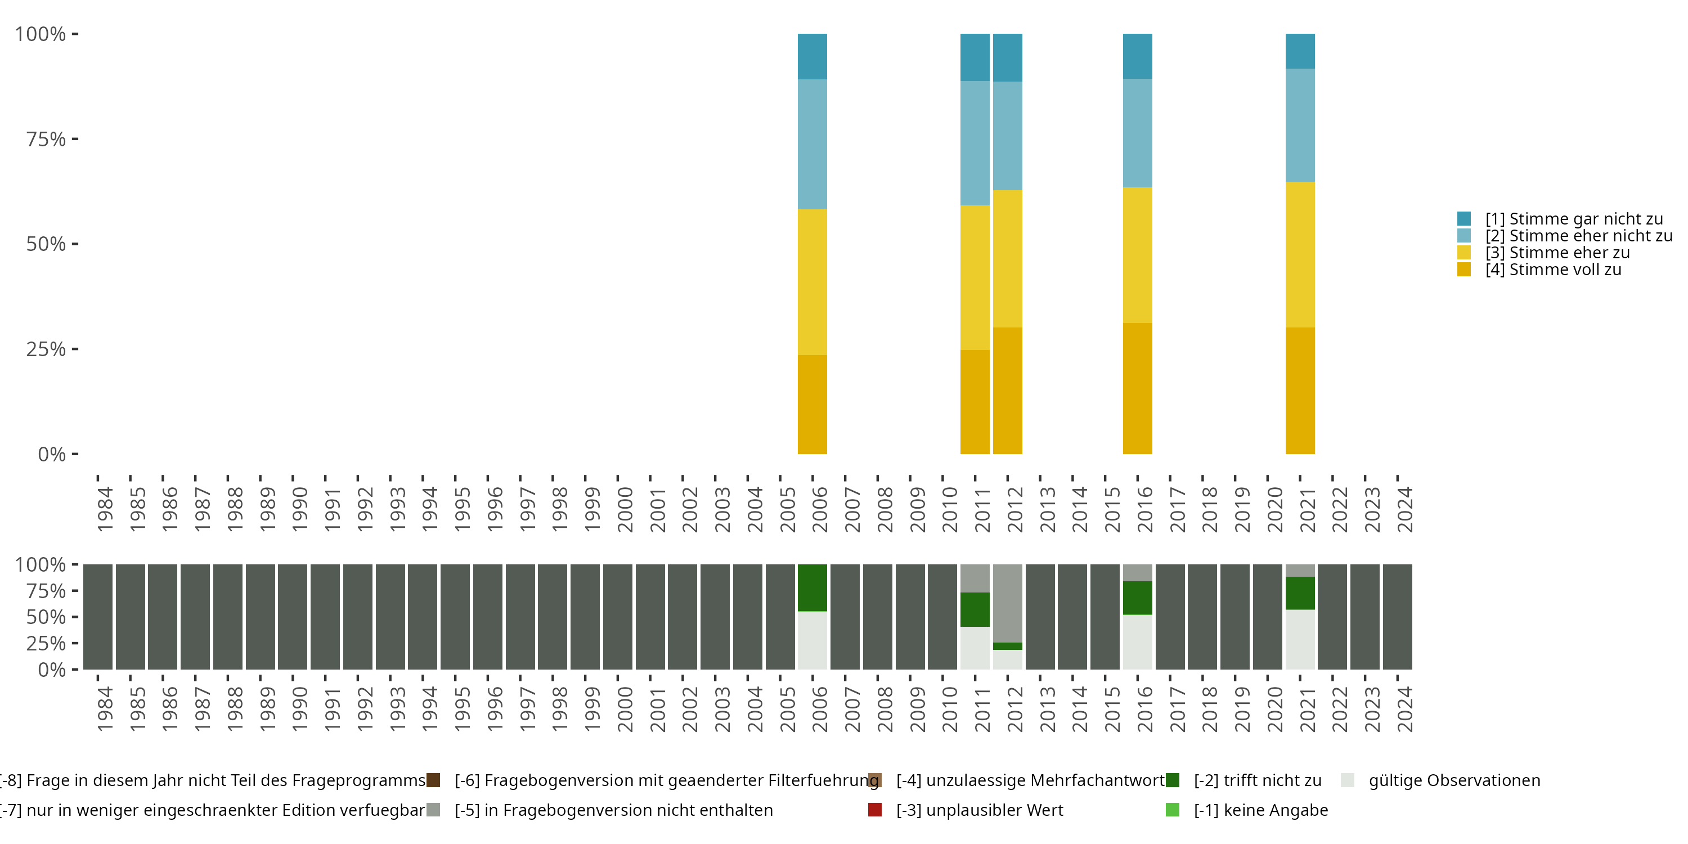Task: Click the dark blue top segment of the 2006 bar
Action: click(812, 56)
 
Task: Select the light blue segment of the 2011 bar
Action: click(975, 143)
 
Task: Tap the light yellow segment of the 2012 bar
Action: click(1007, 258)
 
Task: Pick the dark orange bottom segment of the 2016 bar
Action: click(1137, 388)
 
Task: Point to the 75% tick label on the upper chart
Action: click(46, 139)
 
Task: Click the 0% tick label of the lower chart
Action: click(52, 670)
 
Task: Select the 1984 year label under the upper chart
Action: click(105, 509)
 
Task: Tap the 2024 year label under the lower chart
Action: click(1405, 709)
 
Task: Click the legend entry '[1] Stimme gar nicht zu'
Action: click(1573, 219)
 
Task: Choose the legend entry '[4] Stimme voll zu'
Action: click(1552, 270)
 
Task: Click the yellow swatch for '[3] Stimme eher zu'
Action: click(1464, 252)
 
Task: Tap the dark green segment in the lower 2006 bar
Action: click(812, 587)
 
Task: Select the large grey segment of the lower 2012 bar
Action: click(1007, 603)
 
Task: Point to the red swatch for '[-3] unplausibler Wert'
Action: click(875, 810)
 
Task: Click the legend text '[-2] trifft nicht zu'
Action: click(1257, 780)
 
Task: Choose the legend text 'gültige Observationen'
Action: click(1454, 780)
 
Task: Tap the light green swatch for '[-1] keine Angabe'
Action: click(1172, 810)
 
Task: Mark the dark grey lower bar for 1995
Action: click(455, 617)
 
